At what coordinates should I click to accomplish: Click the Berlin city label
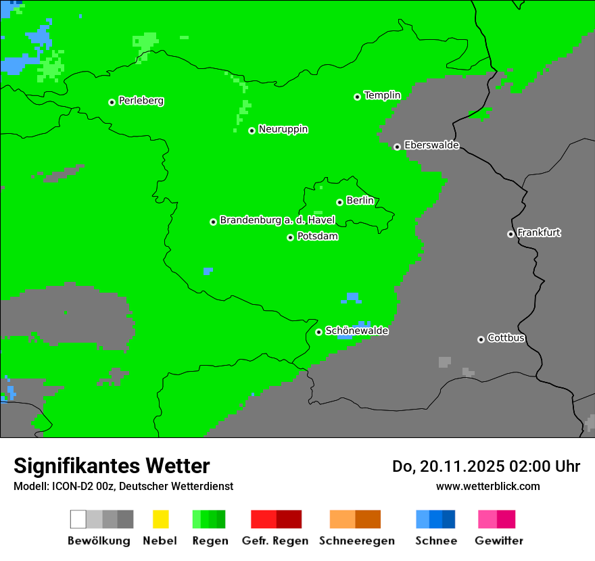[360, 201]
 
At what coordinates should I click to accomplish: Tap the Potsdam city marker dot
[291, 237]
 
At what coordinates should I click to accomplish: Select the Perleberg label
[141, 101]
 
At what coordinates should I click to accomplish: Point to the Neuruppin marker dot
[252, 130]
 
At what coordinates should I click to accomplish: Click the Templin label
[382, 95]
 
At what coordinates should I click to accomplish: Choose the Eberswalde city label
[431, 145]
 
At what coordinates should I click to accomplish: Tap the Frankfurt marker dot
[510, 234]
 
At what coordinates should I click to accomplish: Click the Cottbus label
[506, 338]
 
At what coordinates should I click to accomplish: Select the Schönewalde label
[356, 331]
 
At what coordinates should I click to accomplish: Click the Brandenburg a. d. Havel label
[277, 220]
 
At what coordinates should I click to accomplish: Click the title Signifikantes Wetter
[112, 466]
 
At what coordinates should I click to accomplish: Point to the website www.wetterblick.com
[487, 486]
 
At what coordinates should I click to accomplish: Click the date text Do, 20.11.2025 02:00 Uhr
[485, 466]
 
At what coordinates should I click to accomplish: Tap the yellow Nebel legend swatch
[160, 519]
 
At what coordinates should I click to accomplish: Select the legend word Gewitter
[499, 541]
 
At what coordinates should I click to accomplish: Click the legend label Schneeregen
[356, 541]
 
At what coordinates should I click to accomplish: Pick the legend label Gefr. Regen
[275, 541]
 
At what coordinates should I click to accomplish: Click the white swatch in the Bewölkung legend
[78, 519]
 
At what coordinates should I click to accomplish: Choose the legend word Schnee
[436, 541]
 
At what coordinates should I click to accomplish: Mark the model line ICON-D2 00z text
[123, 486]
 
